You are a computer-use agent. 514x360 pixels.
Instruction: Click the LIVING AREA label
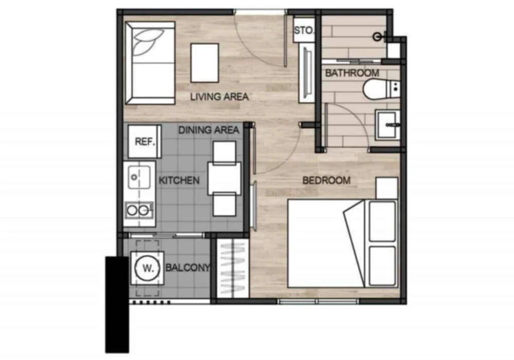coord(219,97)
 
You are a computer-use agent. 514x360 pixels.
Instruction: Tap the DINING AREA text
coord(209,130)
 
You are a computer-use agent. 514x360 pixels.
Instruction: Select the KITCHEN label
coord(179,181)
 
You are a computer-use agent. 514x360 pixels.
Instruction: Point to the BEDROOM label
coord(326,181)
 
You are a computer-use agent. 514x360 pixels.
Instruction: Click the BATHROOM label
coord(352,73)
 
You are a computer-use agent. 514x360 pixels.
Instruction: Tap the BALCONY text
coord(188,267)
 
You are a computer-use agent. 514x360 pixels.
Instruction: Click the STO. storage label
coord(304,30)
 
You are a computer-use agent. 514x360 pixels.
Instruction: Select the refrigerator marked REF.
coord(144,141)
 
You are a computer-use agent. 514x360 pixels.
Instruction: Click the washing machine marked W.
coord(148,268)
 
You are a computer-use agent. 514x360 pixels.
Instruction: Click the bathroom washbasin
coord(388,125)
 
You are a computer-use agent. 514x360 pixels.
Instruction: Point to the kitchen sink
coord(139,177)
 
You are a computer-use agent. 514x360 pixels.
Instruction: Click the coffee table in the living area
coord(205,63)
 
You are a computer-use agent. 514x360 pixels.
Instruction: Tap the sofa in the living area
coord(150,63)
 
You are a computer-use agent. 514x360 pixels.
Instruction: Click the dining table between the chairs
coord(225,178)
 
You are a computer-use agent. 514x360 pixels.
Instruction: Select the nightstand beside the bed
coord(387,188)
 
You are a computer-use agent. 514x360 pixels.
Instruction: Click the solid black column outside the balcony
coord(117,304)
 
